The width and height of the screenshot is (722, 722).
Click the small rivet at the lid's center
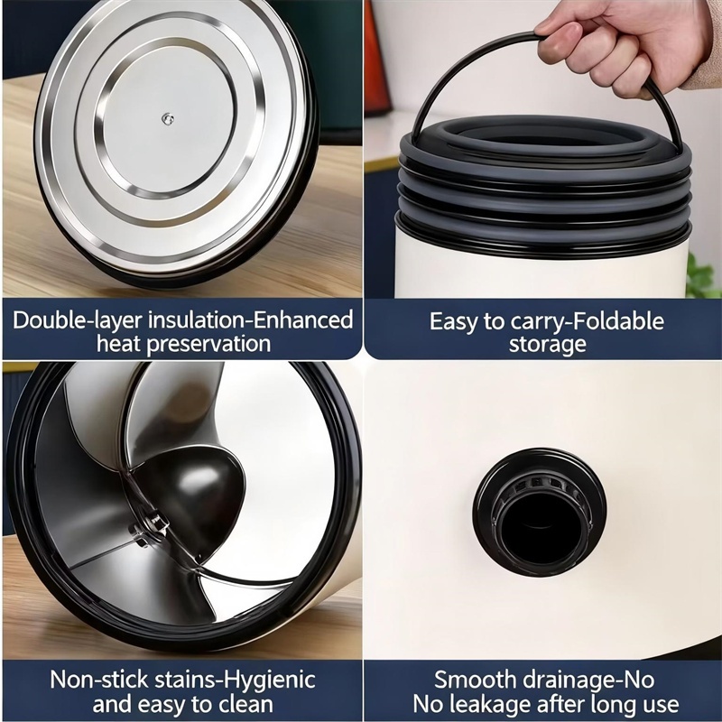tap(168, 119)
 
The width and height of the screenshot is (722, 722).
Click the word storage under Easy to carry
tap(548, 345)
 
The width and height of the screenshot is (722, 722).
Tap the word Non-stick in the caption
tap(99, 680)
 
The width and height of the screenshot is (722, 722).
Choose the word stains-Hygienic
tap(236, 680)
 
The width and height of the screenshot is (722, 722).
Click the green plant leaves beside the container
tap(704, 276)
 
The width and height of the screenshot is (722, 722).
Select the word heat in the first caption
tap(119, 344)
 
